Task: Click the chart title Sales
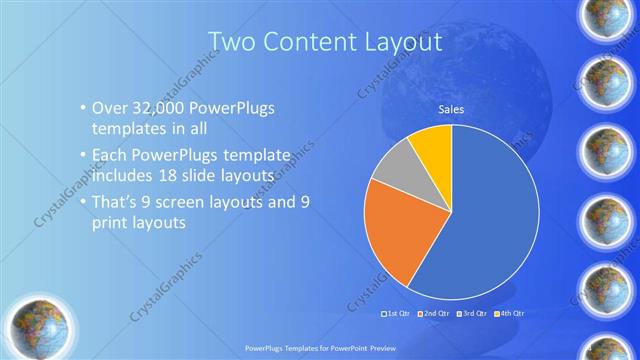[x=452, y=110]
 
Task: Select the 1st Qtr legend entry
[x=398, y=313]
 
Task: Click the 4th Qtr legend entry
[x=509, y=313]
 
